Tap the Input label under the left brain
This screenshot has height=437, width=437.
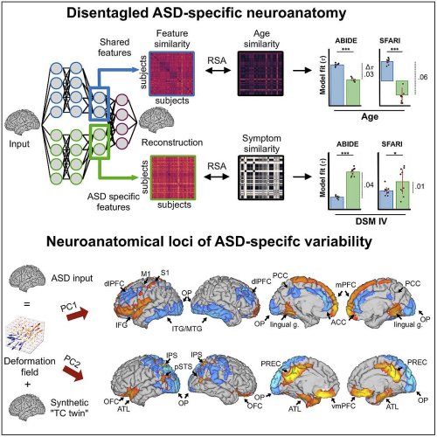[x=19, y=144]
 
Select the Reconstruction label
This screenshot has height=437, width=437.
[x=172, y=142]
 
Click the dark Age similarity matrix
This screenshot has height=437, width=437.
[x=260, y=73]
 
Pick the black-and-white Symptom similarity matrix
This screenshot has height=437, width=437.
[x=261, y=177]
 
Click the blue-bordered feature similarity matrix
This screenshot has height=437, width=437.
[x=172, y=73]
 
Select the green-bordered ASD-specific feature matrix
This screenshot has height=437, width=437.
[x=173, y=177]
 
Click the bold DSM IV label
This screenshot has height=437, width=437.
[x=371, y=221]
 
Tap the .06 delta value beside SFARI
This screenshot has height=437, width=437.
[x=422, y=77]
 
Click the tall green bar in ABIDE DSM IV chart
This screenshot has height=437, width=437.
[x=353, y=191]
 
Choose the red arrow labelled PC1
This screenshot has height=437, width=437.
[x=78, y=315]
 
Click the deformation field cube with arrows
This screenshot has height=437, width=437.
[x=24, y=335]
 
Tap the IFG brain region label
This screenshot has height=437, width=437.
[x=121, y=324]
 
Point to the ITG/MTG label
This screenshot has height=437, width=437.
[x=187, y=329]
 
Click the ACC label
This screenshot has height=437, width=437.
[x=338, y=323]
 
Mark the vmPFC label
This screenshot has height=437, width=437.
[x=343, y=406]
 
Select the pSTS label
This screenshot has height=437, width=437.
[x=183, y=366]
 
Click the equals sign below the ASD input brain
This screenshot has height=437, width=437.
[x=26, y=304]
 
